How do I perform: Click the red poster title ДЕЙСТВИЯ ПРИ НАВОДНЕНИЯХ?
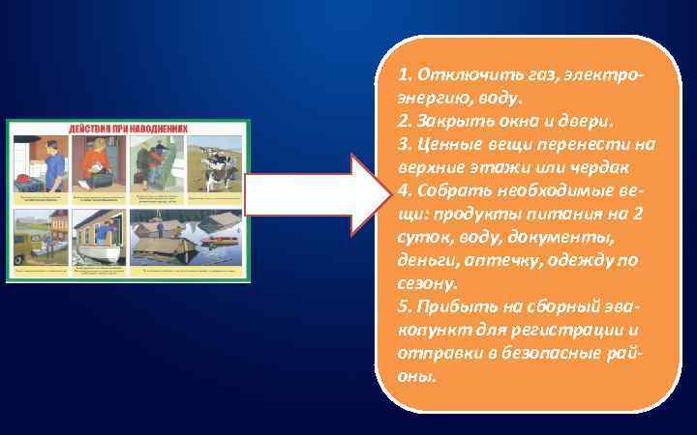point(127,128)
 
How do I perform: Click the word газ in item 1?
point(538,74)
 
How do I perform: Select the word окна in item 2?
point(523,121)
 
